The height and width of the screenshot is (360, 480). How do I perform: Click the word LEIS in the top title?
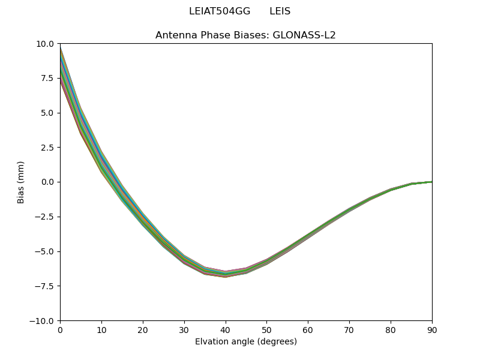coord(280,11)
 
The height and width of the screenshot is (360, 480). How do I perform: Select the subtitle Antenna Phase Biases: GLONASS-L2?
coord(245,35)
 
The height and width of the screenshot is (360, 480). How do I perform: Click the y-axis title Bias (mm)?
coord(21,182)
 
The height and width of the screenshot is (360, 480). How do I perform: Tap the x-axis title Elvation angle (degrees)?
coord(245,342)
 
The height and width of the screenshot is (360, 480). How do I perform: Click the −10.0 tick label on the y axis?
coord(44,321)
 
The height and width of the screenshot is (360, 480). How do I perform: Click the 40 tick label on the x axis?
coord(225,330)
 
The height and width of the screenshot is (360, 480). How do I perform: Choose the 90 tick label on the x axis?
coord(431,330)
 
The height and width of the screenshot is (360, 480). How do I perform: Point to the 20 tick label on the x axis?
coord(143,330)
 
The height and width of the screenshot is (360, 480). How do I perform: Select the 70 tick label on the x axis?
coord(349,330)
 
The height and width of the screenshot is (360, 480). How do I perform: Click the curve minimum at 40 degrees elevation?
coord(225,274)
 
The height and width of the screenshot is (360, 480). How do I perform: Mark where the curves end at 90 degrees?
coord(431,182)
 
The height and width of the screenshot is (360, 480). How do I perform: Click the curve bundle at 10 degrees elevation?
coord(101,162)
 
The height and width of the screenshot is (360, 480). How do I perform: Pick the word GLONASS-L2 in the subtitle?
coord(304,35)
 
